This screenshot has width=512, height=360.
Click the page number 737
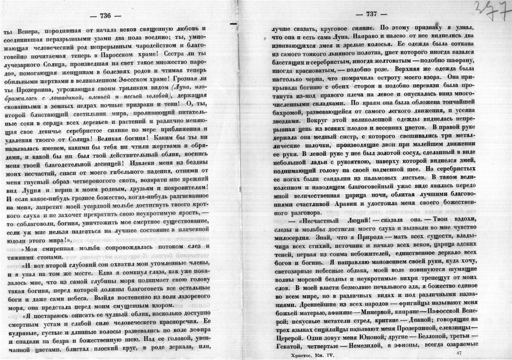371,14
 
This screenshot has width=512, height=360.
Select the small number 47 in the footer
459,353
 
